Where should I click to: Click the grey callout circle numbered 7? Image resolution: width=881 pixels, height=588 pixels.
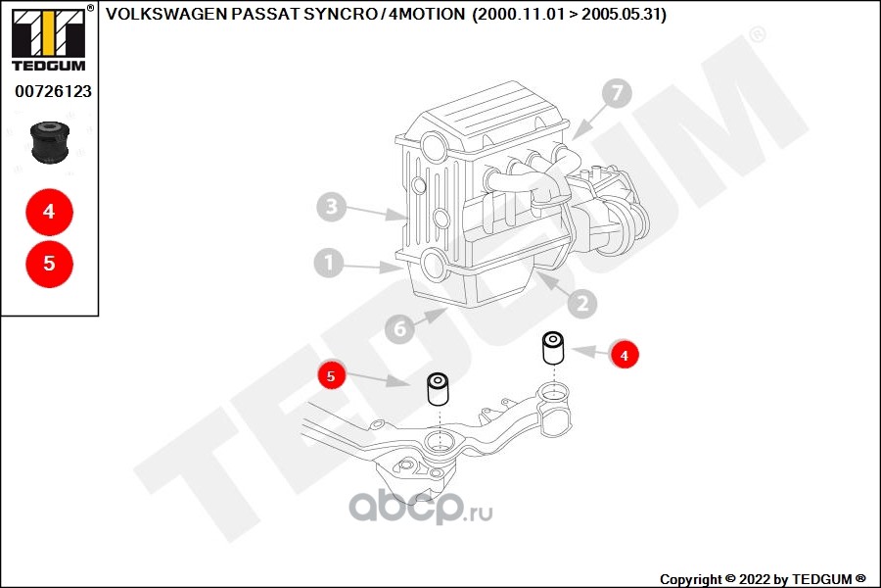pos(617,93)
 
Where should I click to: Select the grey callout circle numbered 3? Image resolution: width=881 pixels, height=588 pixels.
pos(332,207)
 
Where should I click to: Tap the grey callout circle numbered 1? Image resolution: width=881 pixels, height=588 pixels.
pos(329,263)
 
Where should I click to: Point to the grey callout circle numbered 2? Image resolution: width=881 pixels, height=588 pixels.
pos(582,304)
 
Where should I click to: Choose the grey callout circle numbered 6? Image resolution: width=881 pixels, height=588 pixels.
pos(399,328)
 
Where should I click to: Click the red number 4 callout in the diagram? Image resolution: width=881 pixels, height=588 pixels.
pos(625,355)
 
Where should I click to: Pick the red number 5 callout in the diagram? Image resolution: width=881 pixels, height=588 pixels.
pos(331,375)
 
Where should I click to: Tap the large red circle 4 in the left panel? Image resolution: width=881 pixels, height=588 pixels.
pos(50,212)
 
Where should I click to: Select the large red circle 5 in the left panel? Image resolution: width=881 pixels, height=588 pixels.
pos(50,264)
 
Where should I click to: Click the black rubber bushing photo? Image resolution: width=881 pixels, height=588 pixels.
pos(50,141)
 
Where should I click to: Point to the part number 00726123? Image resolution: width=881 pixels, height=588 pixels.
pos(54,92)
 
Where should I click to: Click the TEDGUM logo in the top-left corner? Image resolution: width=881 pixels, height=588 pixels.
pos(50,39)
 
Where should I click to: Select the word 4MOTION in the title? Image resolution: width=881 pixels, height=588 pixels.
pos(427,14)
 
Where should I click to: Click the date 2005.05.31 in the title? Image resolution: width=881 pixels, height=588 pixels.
pos(621,14)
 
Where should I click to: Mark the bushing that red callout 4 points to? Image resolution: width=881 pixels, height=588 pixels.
pos(553,348)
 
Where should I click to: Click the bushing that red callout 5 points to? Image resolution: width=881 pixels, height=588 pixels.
pos(438,389)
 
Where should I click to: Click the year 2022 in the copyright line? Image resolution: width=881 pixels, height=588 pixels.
pos(755,579)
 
